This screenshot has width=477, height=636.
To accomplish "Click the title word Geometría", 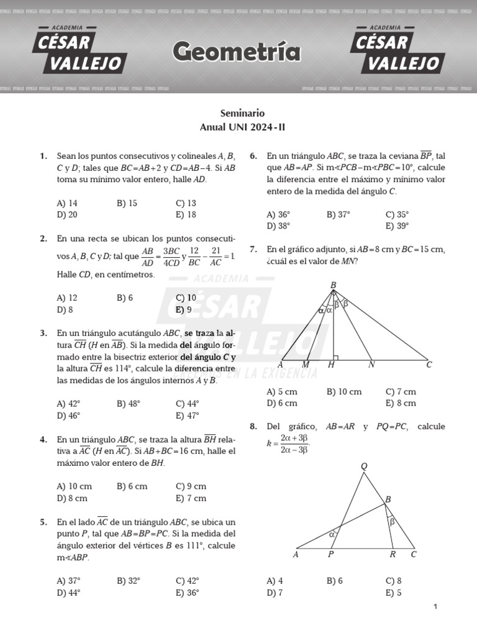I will (236, 52).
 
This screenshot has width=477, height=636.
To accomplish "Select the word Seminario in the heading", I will (242, 114).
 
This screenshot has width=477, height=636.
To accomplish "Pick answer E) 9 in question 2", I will (184, 309).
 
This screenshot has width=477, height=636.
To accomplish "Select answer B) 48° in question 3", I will (128, 404).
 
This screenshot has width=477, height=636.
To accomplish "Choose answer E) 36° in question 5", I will (188, 593).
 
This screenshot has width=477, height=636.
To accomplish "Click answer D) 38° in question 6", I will (278, 226).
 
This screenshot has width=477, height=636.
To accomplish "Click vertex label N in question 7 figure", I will (371, 365).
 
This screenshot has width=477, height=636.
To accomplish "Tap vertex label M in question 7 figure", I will (306, 365).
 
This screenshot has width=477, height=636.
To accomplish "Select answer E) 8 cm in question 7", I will (401, 403).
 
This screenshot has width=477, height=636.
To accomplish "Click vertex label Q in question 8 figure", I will (364, 466).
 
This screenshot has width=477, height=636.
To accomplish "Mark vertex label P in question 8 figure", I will (330, 555).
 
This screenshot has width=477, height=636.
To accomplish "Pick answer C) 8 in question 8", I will (393, 581).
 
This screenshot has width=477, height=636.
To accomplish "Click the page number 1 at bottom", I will (435, 607).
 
